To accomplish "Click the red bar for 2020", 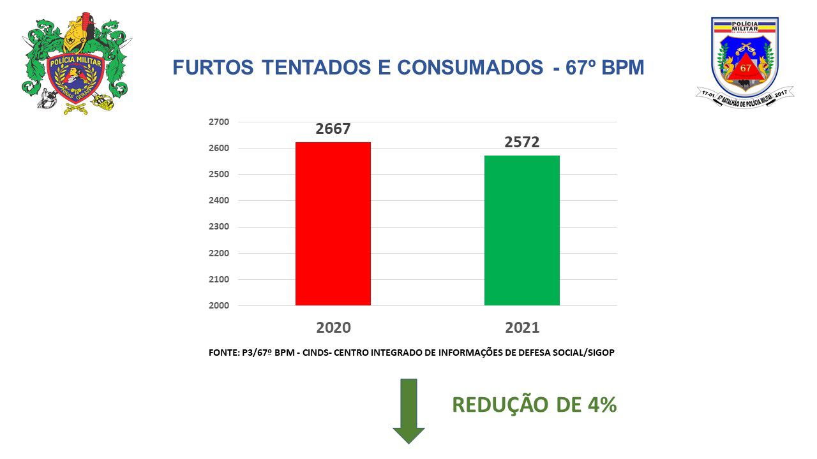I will [333, 223].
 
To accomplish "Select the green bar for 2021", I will [522, 230].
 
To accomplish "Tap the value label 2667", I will [333, 129].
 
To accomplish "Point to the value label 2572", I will [522, 142].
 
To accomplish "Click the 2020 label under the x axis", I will [333, 328].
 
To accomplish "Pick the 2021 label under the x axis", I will [522, 328].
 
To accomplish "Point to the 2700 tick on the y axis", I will [218, 122].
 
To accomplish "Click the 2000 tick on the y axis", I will [218, 305].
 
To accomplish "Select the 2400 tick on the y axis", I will [218, 200].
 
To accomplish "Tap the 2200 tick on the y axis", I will [218, 253].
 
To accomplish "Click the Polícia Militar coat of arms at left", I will [75, 64].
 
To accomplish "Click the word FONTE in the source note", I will [223, 353].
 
